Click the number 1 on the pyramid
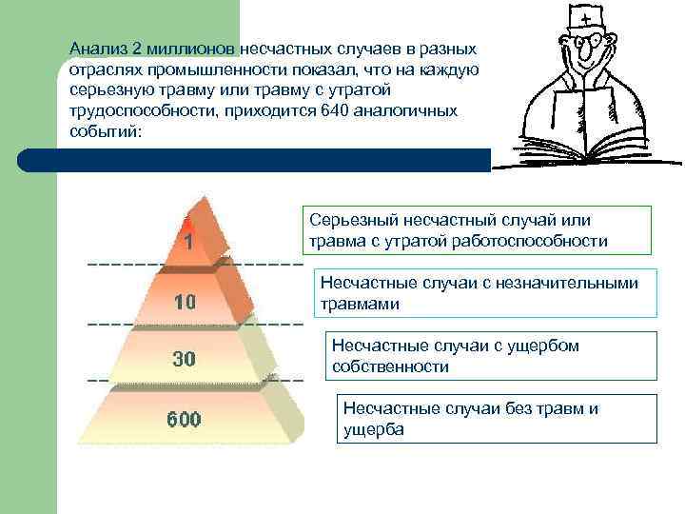click(x=189, y=242)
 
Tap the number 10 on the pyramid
click(x=185, y=303)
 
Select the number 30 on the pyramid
click(x=185, y=360)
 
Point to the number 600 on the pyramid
click(x=185, y=419)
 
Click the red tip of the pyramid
click(x=189, y=223)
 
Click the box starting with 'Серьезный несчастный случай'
click(x=477, y=230)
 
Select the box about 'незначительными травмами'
click(x=485, y=294)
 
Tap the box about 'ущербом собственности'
click(x=492, y=356)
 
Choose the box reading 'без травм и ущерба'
click(x=498, y=419)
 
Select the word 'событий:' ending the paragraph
click(x=105, y=131)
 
